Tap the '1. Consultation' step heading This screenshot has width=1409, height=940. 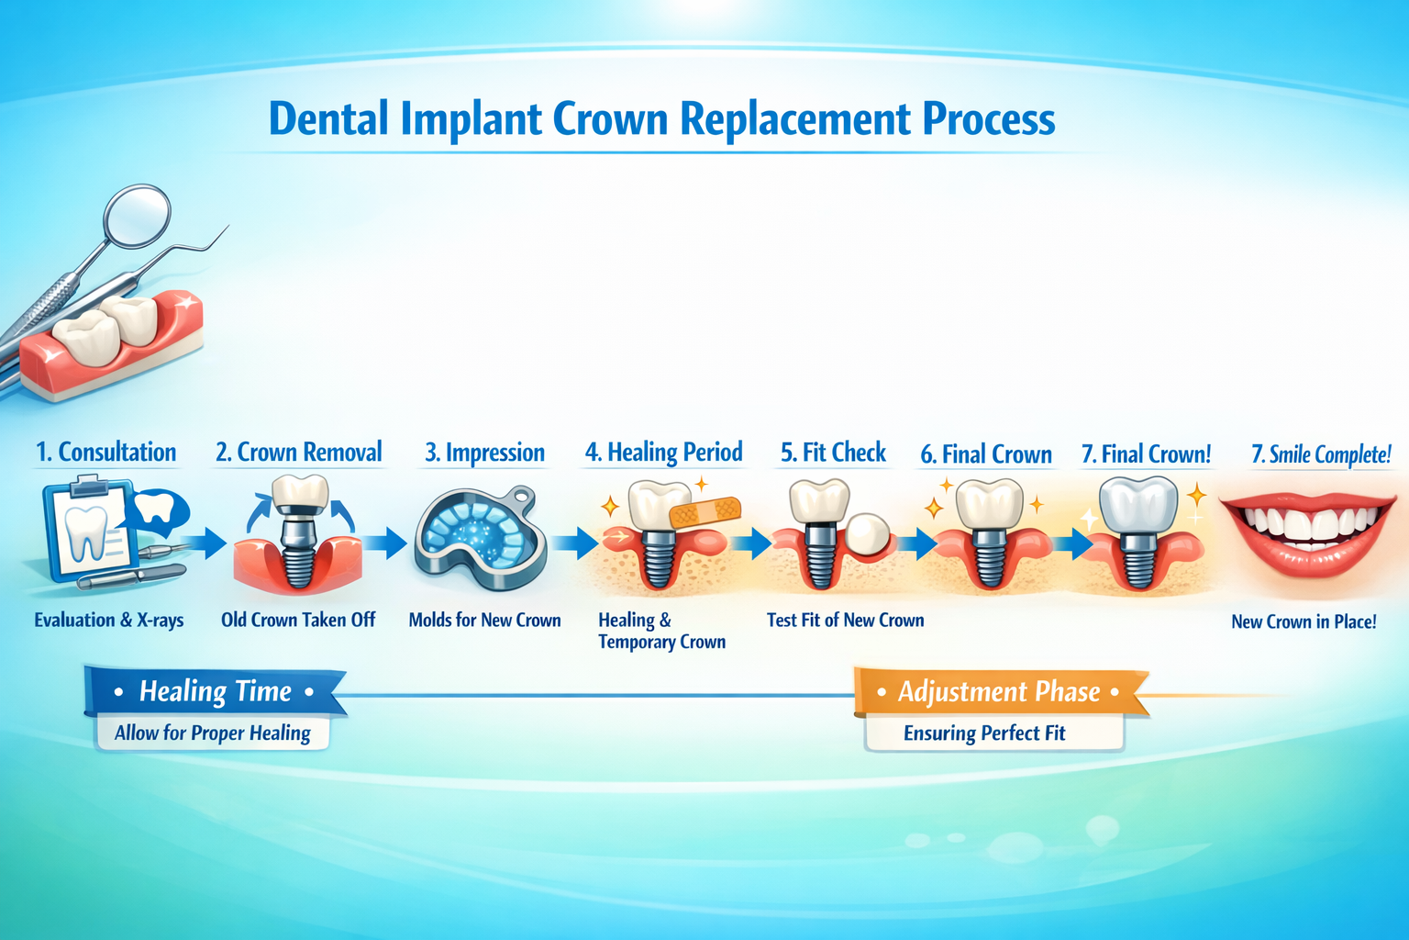pos(105,453)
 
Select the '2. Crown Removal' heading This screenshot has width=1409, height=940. pos(298,453)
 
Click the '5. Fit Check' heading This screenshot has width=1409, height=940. pos(833,453)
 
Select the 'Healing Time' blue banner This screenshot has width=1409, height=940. pos(215,691)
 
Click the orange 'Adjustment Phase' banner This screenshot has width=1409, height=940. pos(998,691)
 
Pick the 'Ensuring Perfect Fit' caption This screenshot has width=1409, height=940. pos(984,733)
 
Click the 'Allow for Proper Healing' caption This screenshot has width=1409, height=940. pos(212,733)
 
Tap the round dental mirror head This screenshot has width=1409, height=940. pos(138,214)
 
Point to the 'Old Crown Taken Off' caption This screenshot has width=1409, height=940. pos(298,621)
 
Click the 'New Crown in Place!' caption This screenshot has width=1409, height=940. pos(1303,622)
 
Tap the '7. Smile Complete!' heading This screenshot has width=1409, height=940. pos(1321,454)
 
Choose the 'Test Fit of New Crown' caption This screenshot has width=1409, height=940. pos(845,621)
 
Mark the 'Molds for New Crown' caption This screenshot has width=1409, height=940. pos(484,621)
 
